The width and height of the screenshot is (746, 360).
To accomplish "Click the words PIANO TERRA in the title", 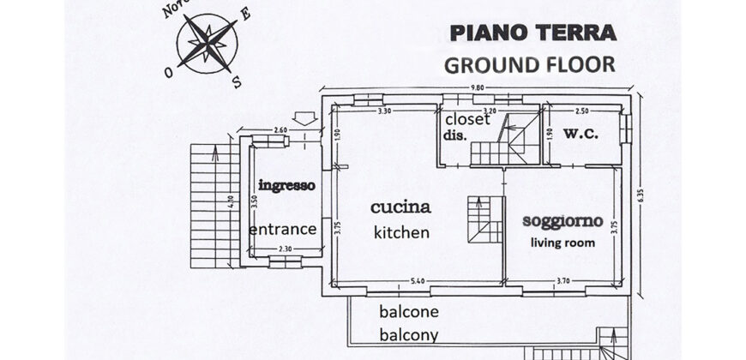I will click(532, 34).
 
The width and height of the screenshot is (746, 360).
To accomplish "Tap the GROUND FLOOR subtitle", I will click(529, 64).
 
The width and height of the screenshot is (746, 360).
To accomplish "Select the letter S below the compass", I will click(237, 82).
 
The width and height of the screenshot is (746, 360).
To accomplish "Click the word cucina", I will click(400, 207).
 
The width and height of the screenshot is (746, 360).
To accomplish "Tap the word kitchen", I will click(400, 232).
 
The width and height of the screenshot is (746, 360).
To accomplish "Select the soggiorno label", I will click(563, 220).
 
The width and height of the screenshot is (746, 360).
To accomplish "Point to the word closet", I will click(466, 119).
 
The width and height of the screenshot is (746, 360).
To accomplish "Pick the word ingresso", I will click(286, 185).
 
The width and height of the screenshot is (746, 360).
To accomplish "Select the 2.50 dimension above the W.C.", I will click(582, 111).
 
